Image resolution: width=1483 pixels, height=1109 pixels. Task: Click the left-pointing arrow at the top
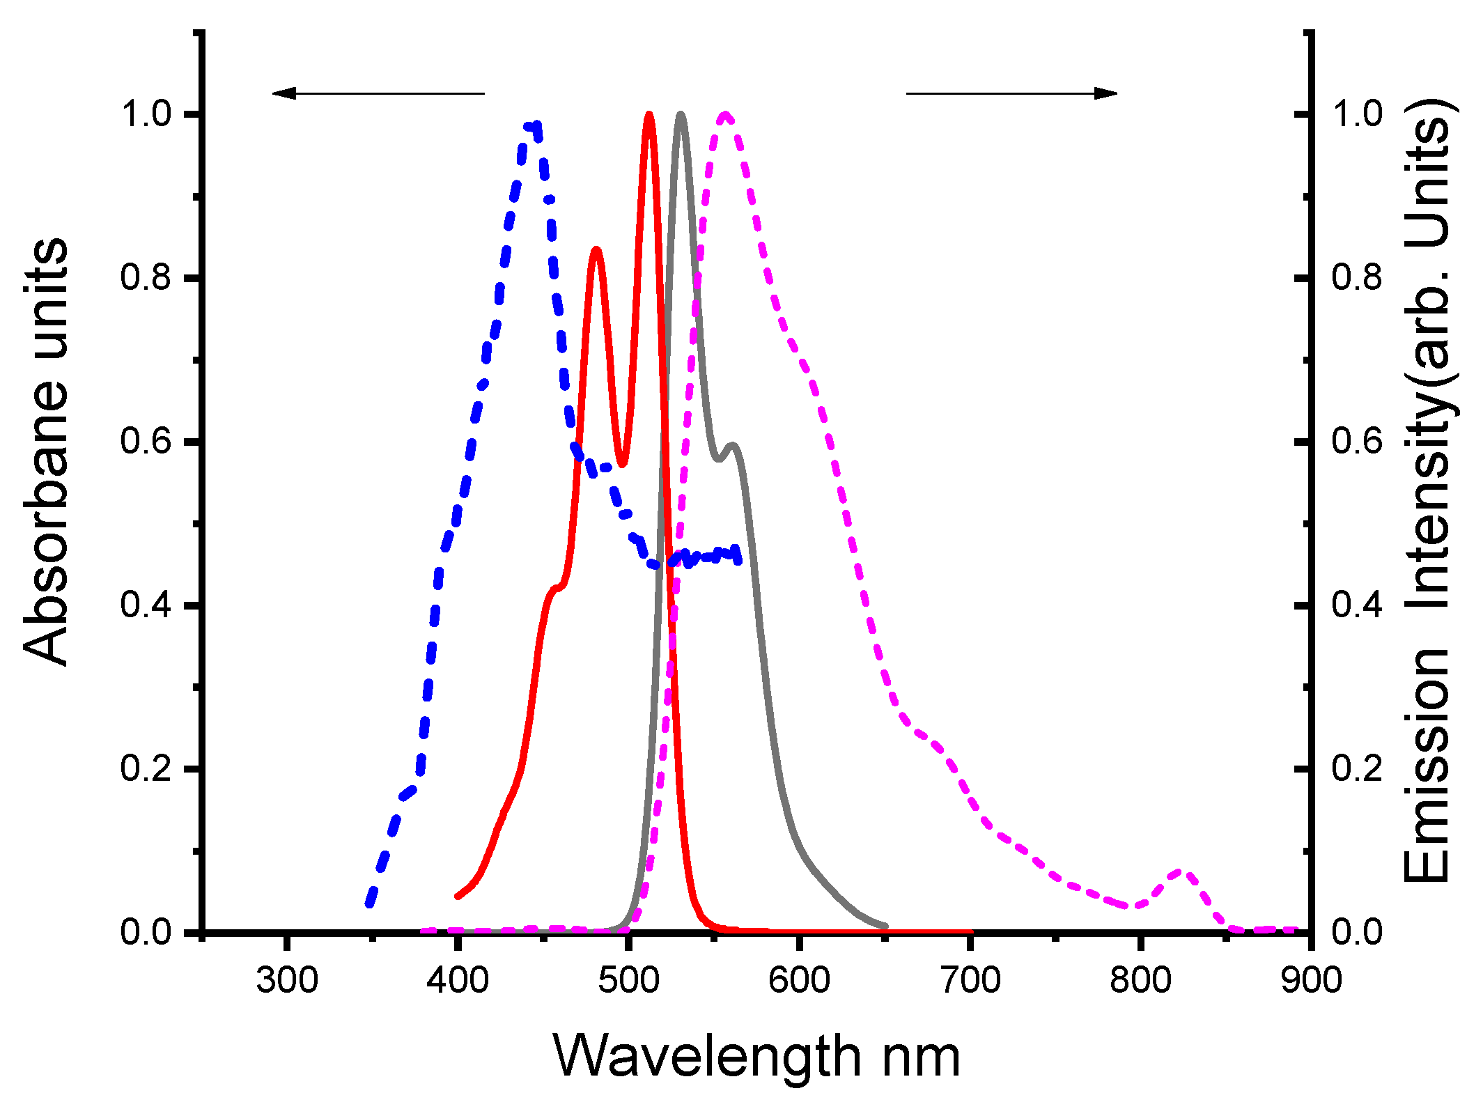tap(377, 93)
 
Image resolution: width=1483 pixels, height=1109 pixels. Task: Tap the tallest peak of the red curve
tap(649, 116)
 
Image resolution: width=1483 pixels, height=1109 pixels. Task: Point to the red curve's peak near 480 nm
tap(596, 250)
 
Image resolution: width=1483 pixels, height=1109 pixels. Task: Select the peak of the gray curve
tap(681, 116)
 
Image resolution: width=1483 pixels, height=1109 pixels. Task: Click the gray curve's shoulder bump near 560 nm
tap(732, 446)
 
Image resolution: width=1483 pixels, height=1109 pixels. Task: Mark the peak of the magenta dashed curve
tap(726, 116)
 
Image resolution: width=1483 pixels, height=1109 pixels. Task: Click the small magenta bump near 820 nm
tap(1182, 873)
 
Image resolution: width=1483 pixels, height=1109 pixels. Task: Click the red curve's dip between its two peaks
tap(622, 463)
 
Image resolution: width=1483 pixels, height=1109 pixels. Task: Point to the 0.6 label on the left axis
tap(146, 442)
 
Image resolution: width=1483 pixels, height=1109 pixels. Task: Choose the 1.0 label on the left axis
tap(146, 114)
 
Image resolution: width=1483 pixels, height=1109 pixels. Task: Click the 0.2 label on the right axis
tap(1357, 768)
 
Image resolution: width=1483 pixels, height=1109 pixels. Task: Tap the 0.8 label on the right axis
tap(1357, 278)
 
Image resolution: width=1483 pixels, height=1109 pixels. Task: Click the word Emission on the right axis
tap(1427, 766)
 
